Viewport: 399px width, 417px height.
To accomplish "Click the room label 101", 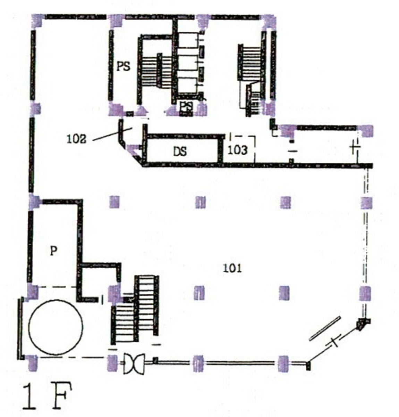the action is (x=232, y=268).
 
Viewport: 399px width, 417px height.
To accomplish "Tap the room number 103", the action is (x=237, y=150).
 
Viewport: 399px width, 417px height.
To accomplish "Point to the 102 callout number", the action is (x=77, y=139).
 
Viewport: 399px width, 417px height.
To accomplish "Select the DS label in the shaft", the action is (x=180, y=152).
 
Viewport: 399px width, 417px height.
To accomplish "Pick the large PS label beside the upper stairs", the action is (x=124, y=66).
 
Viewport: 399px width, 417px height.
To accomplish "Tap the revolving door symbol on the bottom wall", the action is (x=134, y=363).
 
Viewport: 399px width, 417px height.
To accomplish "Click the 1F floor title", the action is (x=47, y=396).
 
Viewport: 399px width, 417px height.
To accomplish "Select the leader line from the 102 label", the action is (x=113, y=134).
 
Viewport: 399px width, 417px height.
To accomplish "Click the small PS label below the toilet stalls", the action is (x=186, y=106).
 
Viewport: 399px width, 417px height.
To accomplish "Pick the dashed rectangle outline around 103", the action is (x=243, y=149).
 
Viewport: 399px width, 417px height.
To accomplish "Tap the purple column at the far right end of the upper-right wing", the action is (x=366, y=131).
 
